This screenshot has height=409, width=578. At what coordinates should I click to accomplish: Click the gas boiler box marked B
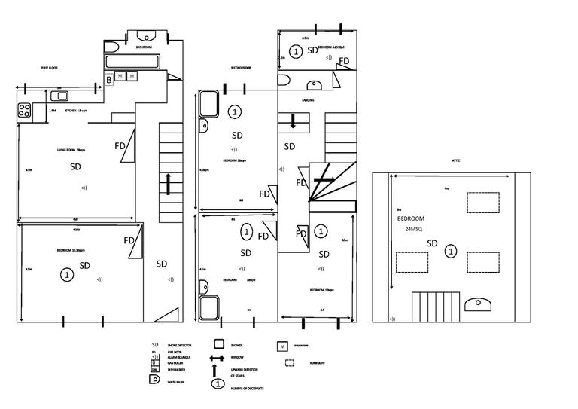point(108,78)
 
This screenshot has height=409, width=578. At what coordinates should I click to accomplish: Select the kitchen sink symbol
point(59,96)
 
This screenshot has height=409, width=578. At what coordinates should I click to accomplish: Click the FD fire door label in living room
point(120,145)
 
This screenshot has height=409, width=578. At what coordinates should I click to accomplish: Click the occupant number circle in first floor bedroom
point(67,276)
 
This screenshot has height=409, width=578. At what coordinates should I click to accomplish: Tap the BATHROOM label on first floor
point(144,47)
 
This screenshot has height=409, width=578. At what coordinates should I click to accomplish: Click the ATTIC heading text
point(455,160)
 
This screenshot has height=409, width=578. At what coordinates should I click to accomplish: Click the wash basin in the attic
point(478,304)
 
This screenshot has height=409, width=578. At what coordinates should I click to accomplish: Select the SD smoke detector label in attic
point(432,243)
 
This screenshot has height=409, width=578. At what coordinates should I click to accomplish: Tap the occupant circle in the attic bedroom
point(450,251)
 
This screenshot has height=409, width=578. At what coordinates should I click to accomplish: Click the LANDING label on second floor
point(308,99)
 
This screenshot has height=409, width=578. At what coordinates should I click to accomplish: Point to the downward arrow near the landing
point(294,121)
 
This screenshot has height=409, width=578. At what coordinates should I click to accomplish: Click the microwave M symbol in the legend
point(282,346)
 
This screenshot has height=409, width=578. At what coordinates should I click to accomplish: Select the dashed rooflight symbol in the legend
point(290,363)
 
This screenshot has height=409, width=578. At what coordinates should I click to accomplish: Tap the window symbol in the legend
point(218,358)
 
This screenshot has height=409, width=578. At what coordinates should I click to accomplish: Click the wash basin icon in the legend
point(156,382)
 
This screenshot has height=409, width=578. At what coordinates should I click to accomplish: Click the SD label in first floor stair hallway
point(161,264)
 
